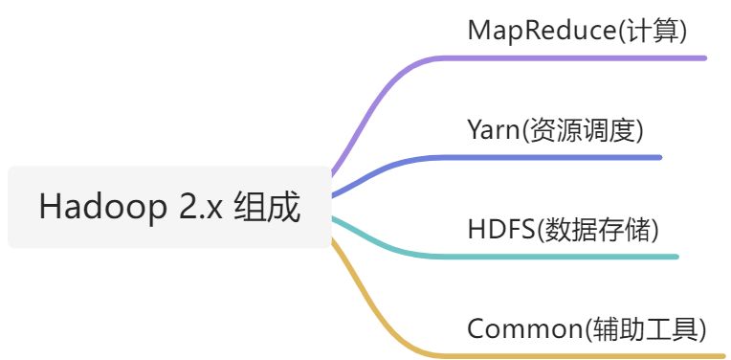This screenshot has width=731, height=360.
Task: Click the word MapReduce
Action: tap(542, 31)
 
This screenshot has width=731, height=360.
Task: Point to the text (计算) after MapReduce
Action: tap(653, 31)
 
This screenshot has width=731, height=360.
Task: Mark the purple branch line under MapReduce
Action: tap(574, 57)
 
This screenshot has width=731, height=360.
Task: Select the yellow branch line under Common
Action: tap(574, 355)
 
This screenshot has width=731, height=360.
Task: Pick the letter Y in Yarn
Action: tap(475, 130)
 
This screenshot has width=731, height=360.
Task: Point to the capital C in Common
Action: tap(476, 329)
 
